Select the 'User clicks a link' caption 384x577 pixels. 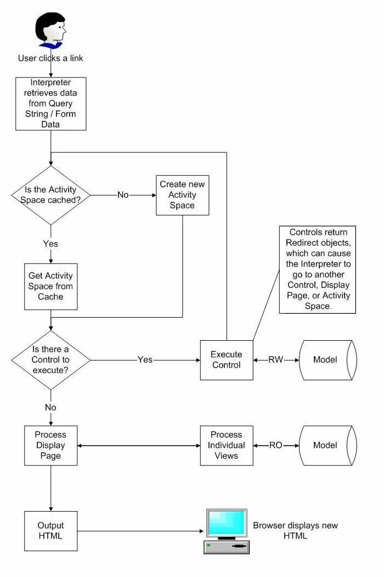click(x=50, y=58)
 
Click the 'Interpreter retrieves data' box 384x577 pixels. click(x=50, y=103)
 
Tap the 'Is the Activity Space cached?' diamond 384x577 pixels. click(x=50, y=195)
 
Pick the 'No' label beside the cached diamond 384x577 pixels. click(x=123, y=195)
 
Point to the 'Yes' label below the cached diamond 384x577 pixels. click(x=50, y=243)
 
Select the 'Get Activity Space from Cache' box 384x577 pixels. click(x=50, y=286)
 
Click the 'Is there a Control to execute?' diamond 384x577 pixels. click(x=50, y=360)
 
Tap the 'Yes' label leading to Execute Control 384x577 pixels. click(x=145, y=360)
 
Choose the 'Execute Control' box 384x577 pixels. click(x=227, y=360)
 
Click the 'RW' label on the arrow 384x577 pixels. click(x=276, y=360)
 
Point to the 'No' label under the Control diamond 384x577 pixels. click(x=50, y=408)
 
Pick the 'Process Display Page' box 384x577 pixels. click(x=50, y=445)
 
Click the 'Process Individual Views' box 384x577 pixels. click(x=227, y=445)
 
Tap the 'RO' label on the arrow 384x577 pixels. click(x=276, y=445)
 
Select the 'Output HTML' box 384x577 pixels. click(x=50, y=531)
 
